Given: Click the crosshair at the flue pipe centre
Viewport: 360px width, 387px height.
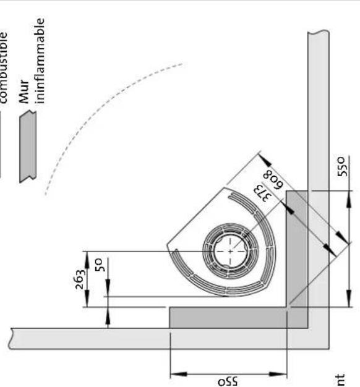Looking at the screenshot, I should [x=231, y=252].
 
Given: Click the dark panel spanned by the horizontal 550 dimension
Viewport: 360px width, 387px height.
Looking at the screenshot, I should [x=229, y=317].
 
